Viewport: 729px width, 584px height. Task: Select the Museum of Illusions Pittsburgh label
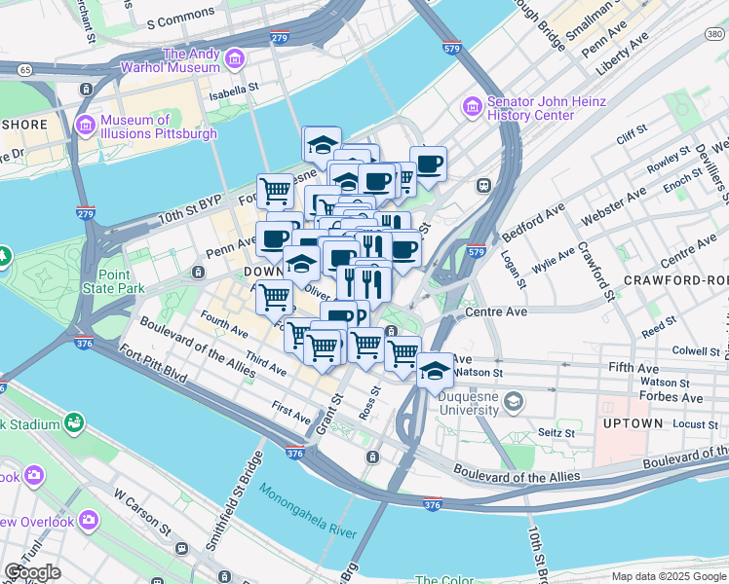pyautogui.click(x=158, y=127)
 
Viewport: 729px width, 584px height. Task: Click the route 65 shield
pyautogui.click(x=24, y=70)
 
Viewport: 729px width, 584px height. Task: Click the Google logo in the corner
pyautogui.click(x=32, y=571)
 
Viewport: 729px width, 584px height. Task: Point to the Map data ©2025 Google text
pyautogui.click(x=669, y=576)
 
